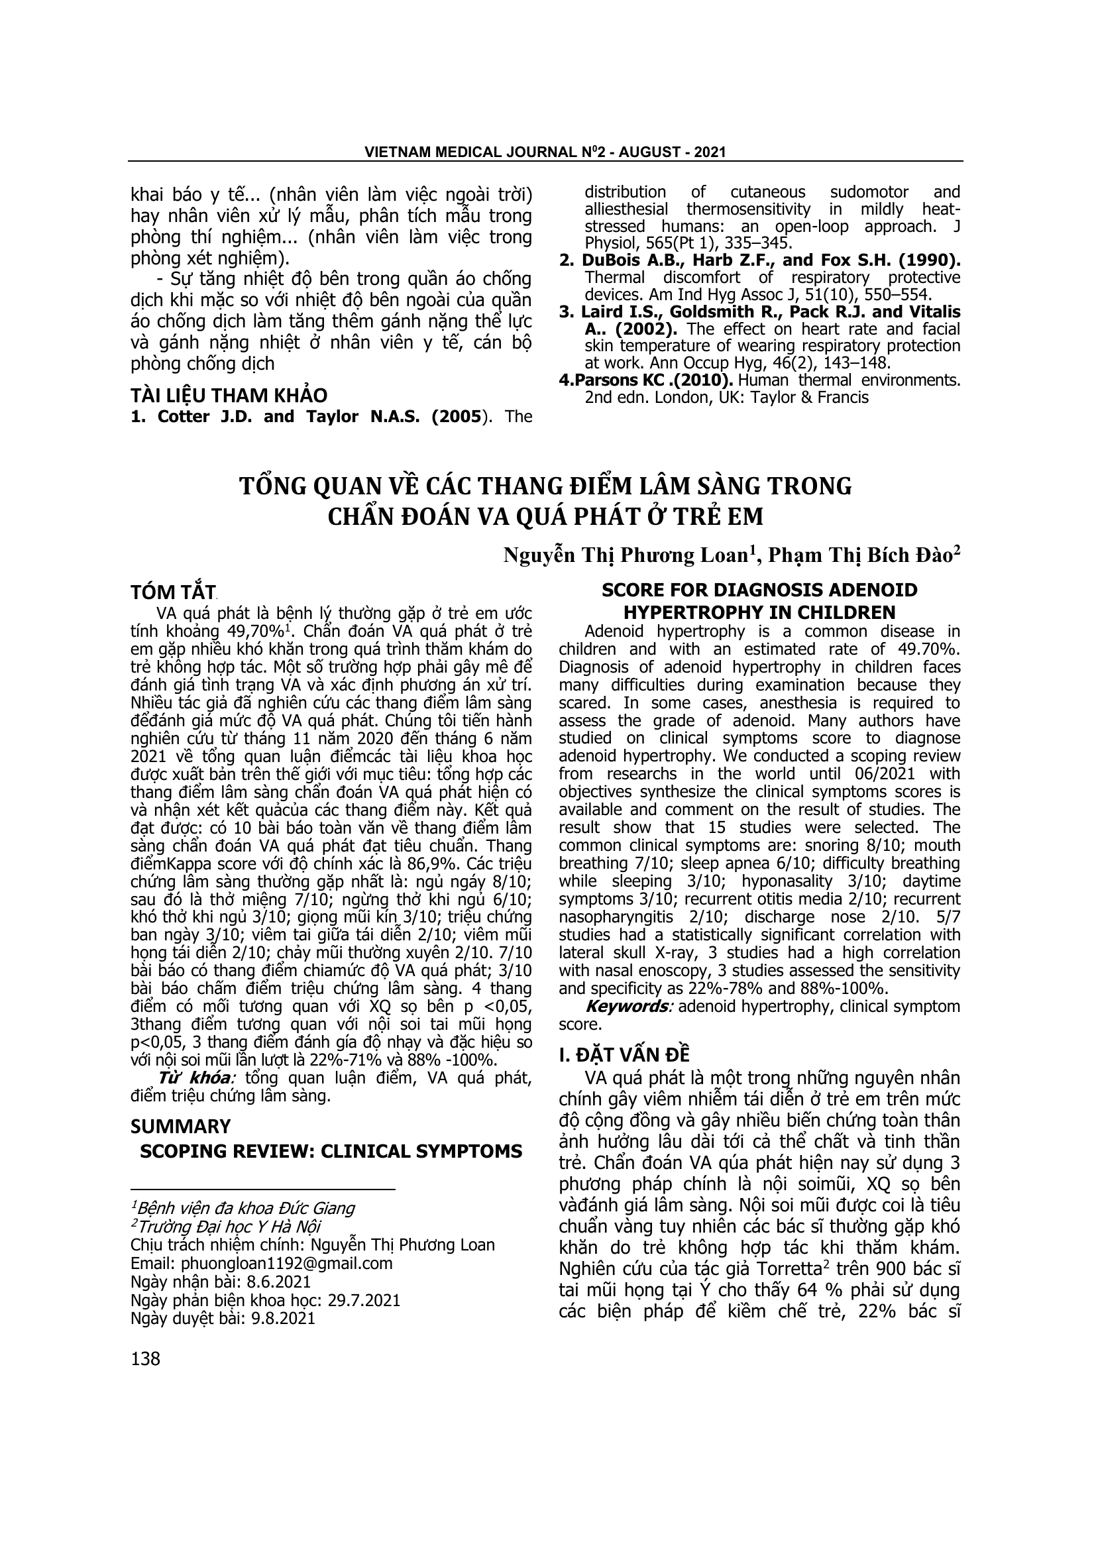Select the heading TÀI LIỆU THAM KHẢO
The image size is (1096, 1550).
pos(229,395)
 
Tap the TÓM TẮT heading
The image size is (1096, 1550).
pos(173,592)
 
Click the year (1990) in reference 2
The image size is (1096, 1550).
pos(936,260)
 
